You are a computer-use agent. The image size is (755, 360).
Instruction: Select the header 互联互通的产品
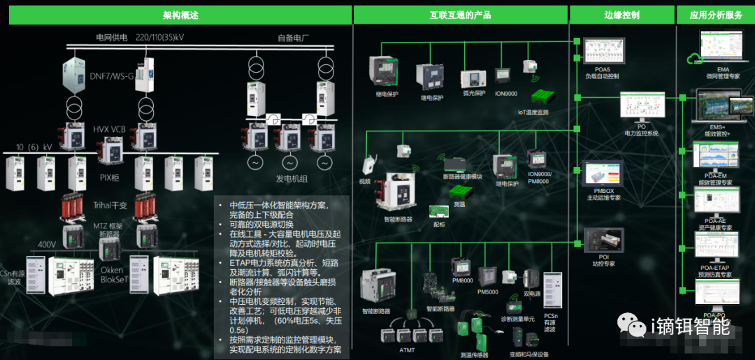[x=460, y=15]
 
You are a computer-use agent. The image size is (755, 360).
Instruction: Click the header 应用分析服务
[x=716, y=15]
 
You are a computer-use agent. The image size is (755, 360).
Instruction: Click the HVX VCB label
[x=109, y=129]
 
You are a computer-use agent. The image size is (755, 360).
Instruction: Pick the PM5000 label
[x=488, y=291]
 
